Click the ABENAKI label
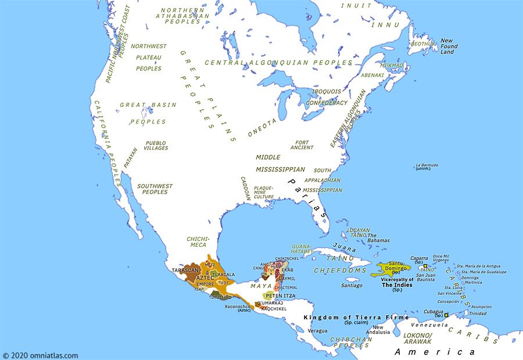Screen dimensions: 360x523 click(372, 75)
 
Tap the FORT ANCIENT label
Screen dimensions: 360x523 click(302, 145)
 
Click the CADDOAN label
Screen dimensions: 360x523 click(245, 189)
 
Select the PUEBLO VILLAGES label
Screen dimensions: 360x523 click(156, 145)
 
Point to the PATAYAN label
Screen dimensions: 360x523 click(131, 157)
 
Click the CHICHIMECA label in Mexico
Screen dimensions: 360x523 click(198, 242)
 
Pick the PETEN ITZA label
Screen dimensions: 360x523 click(280, 296)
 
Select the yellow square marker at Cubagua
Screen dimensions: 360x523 click(446, 315)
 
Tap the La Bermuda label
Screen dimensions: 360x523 click(427, 167)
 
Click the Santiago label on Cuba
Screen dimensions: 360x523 click(352, 286)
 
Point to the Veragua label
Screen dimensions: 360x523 click(317, 330)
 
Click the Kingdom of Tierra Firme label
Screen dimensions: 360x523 click(356, 318)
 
